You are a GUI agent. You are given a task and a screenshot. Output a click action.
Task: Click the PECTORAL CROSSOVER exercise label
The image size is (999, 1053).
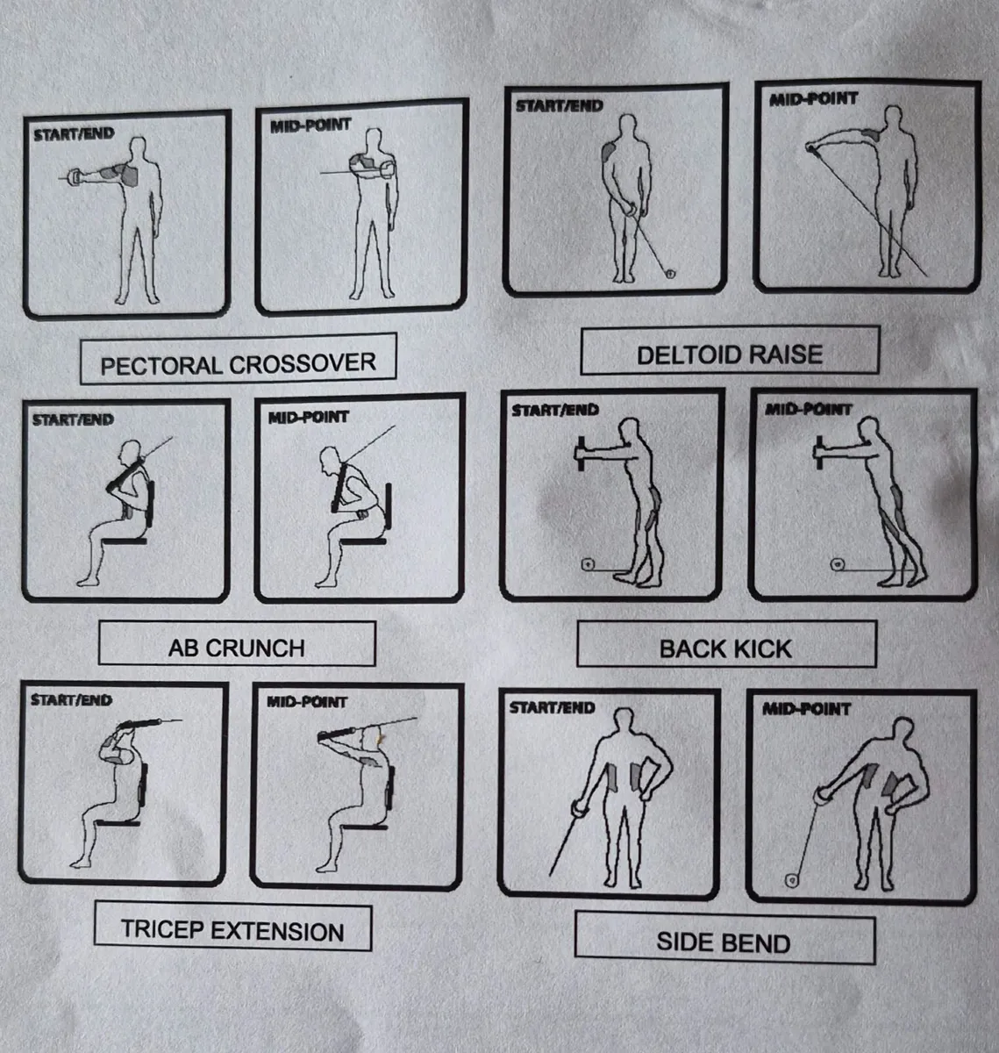point(239,359)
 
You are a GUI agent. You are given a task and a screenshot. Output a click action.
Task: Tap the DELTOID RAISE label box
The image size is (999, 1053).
point(730,350)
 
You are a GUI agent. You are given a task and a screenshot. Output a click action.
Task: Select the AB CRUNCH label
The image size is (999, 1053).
point(237,643)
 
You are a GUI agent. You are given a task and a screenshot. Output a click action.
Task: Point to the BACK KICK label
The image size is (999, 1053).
point(726,644)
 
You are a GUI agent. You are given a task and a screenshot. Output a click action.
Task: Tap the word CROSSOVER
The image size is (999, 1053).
point(303,363)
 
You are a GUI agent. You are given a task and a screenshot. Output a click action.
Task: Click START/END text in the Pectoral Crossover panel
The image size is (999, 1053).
point(74,134)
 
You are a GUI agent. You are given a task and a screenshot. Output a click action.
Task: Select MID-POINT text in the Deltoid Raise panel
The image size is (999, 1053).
point(813,99)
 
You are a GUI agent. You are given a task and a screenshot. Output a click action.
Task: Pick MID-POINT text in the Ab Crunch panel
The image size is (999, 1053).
point(309,417)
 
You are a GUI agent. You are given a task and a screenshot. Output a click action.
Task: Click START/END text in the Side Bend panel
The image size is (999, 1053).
point(552,707)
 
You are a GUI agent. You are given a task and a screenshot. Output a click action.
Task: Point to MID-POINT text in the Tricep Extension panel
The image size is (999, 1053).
point(307,702)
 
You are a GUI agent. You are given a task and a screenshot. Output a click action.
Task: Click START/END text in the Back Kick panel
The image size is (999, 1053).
point(555,411)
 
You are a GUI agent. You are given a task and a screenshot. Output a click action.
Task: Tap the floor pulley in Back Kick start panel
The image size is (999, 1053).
point(588,564)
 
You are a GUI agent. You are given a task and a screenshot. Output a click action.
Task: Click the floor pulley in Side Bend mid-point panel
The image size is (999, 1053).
point(792,880)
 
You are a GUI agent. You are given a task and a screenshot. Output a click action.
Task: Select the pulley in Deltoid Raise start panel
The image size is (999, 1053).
point(670,274)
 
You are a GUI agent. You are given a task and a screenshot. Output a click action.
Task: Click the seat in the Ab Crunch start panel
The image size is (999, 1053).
point(125,541)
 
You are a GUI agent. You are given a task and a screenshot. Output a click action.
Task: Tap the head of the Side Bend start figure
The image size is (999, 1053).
point(624,720)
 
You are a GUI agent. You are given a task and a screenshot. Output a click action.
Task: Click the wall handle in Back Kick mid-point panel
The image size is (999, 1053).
point(819,453)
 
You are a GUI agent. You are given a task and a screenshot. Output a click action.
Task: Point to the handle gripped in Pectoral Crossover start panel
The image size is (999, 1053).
point(75,177)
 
